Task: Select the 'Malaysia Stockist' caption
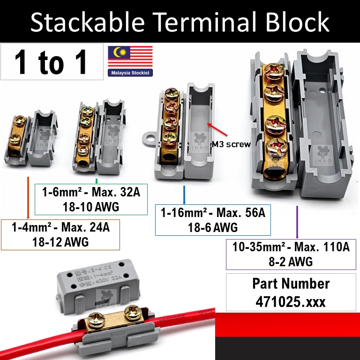[x=130, y=73]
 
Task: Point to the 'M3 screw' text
[x=231, y=144]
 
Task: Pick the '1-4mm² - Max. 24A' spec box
[x=60, y=234]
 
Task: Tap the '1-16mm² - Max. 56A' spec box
[x=213, y=220]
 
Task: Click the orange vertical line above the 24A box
[x=29, y=197]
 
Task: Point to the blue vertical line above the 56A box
[x=184, y=195]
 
